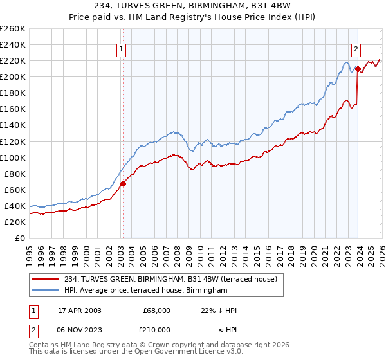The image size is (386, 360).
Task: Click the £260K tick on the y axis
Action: pyautogui.click(x=13, y=29)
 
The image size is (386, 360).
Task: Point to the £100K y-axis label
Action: pyautogui.click(x=13, y=157)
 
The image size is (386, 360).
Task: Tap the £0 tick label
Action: pyautogui.click(x=21, y=238)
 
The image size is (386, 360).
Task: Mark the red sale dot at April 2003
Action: pyautogui.click(x=124, y=183)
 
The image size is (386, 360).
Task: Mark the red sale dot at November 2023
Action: pyautogui.click(x=358, y=68)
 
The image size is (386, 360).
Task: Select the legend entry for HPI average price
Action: pyautogui.click(x=146, y=291)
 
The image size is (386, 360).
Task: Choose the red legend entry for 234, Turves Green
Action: pyautogui.click(x=170, y=279)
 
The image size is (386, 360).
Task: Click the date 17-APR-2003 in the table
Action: pyautogui.click(x=80, y=310)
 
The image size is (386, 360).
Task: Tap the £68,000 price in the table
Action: pyautogui.click(x=156, y=310)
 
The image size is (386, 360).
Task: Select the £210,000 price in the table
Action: pyautogui.click(x=156, y=330)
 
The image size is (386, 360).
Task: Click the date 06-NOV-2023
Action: pyautogui.click(x=80, y=330)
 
